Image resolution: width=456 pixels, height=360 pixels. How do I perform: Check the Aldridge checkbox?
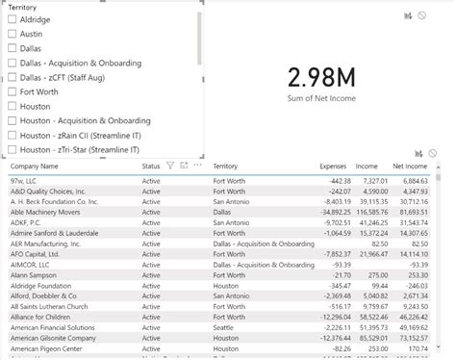coord(13,19)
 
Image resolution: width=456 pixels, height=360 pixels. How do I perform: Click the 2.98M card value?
coord(323,78)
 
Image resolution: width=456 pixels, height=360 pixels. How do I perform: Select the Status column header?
coord(151,166)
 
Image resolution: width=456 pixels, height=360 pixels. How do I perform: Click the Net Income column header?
coord(410,166)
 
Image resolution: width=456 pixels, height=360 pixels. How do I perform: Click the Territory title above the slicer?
coord(23,7)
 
